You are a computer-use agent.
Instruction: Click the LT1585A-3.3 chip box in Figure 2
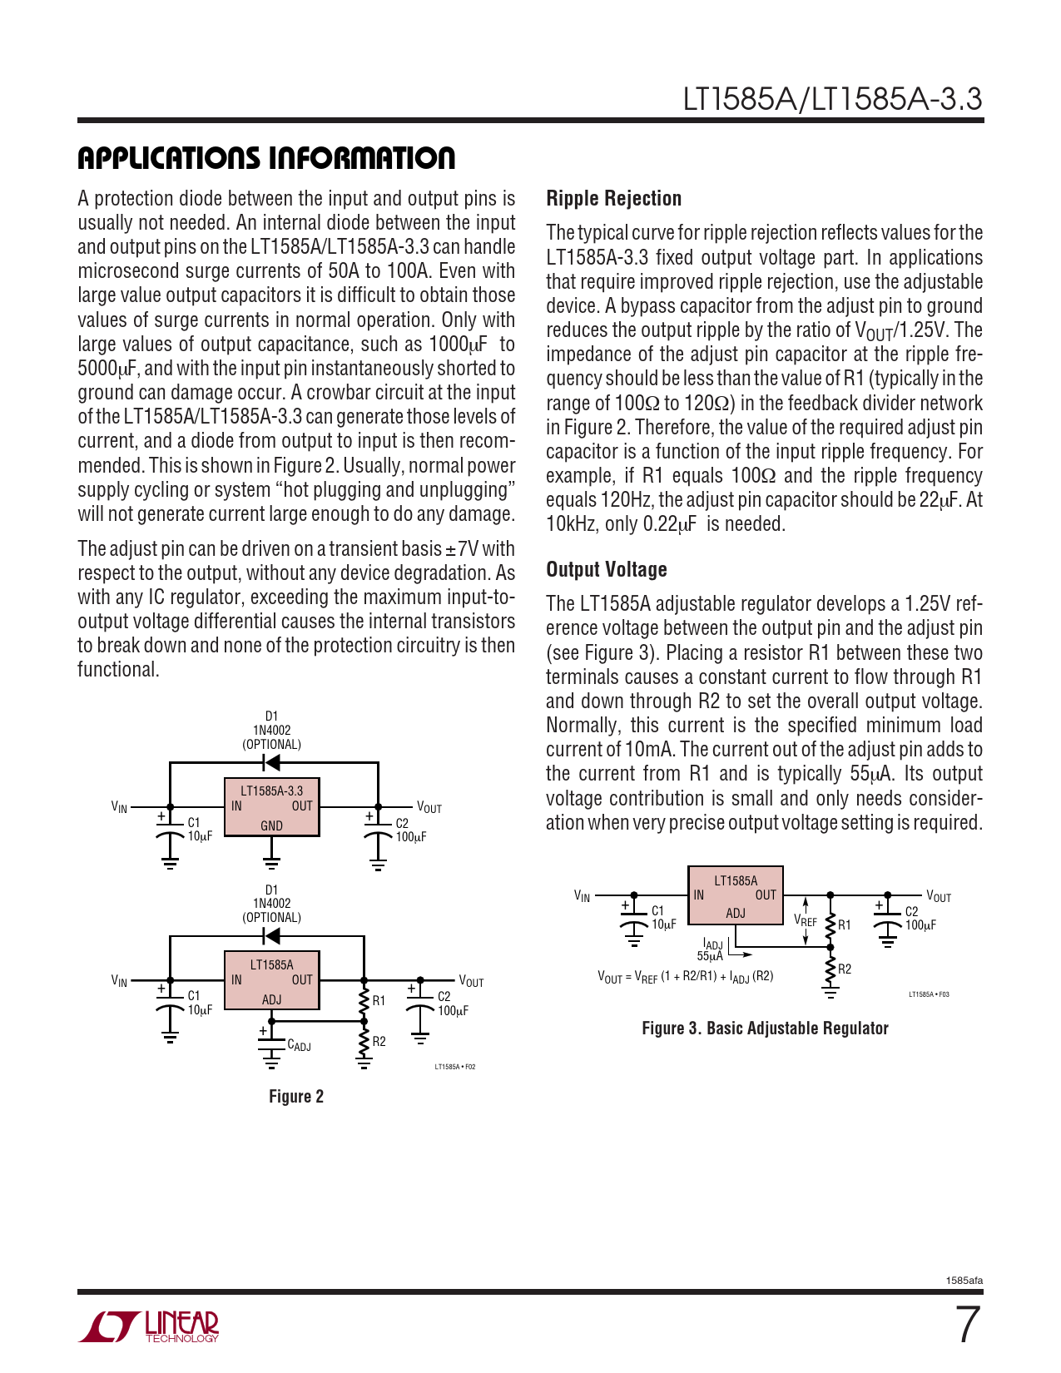(271, 806)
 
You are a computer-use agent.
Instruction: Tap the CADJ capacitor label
(299, 1045)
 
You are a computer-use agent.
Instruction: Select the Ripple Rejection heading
(613, 199)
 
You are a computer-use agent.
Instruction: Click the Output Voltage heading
(606, 570)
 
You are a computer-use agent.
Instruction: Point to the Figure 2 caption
(295, 1097)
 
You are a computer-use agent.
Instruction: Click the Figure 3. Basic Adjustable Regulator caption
(765, 1029)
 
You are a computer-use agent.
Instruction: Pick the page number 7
(966, 1326)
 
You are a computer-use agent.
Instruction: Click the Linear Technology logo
(149, 1326)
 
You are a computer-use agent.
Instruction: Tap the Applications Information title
(266, 158)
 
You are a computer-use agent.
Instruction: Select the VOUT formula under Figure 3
(685, 977)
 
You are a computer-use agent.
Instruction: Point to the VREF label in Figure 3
(805, 921)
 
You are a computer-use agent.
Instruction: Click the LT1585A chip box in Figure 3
(736, 895)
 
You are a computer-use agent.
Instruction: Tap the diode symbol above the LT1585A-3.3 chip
(270, 762)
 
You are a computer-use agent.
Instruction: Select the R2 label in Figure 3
(845, 969)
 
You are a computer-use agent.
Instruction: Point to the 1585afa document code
(964, 1281)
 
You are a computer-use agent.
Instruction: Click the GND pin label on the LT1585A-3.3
(271, 826)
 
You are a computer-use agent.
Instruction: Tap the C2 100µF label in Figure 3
(920, 919)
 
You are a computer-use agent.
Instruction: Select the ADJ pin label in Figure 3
(735, 913)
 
